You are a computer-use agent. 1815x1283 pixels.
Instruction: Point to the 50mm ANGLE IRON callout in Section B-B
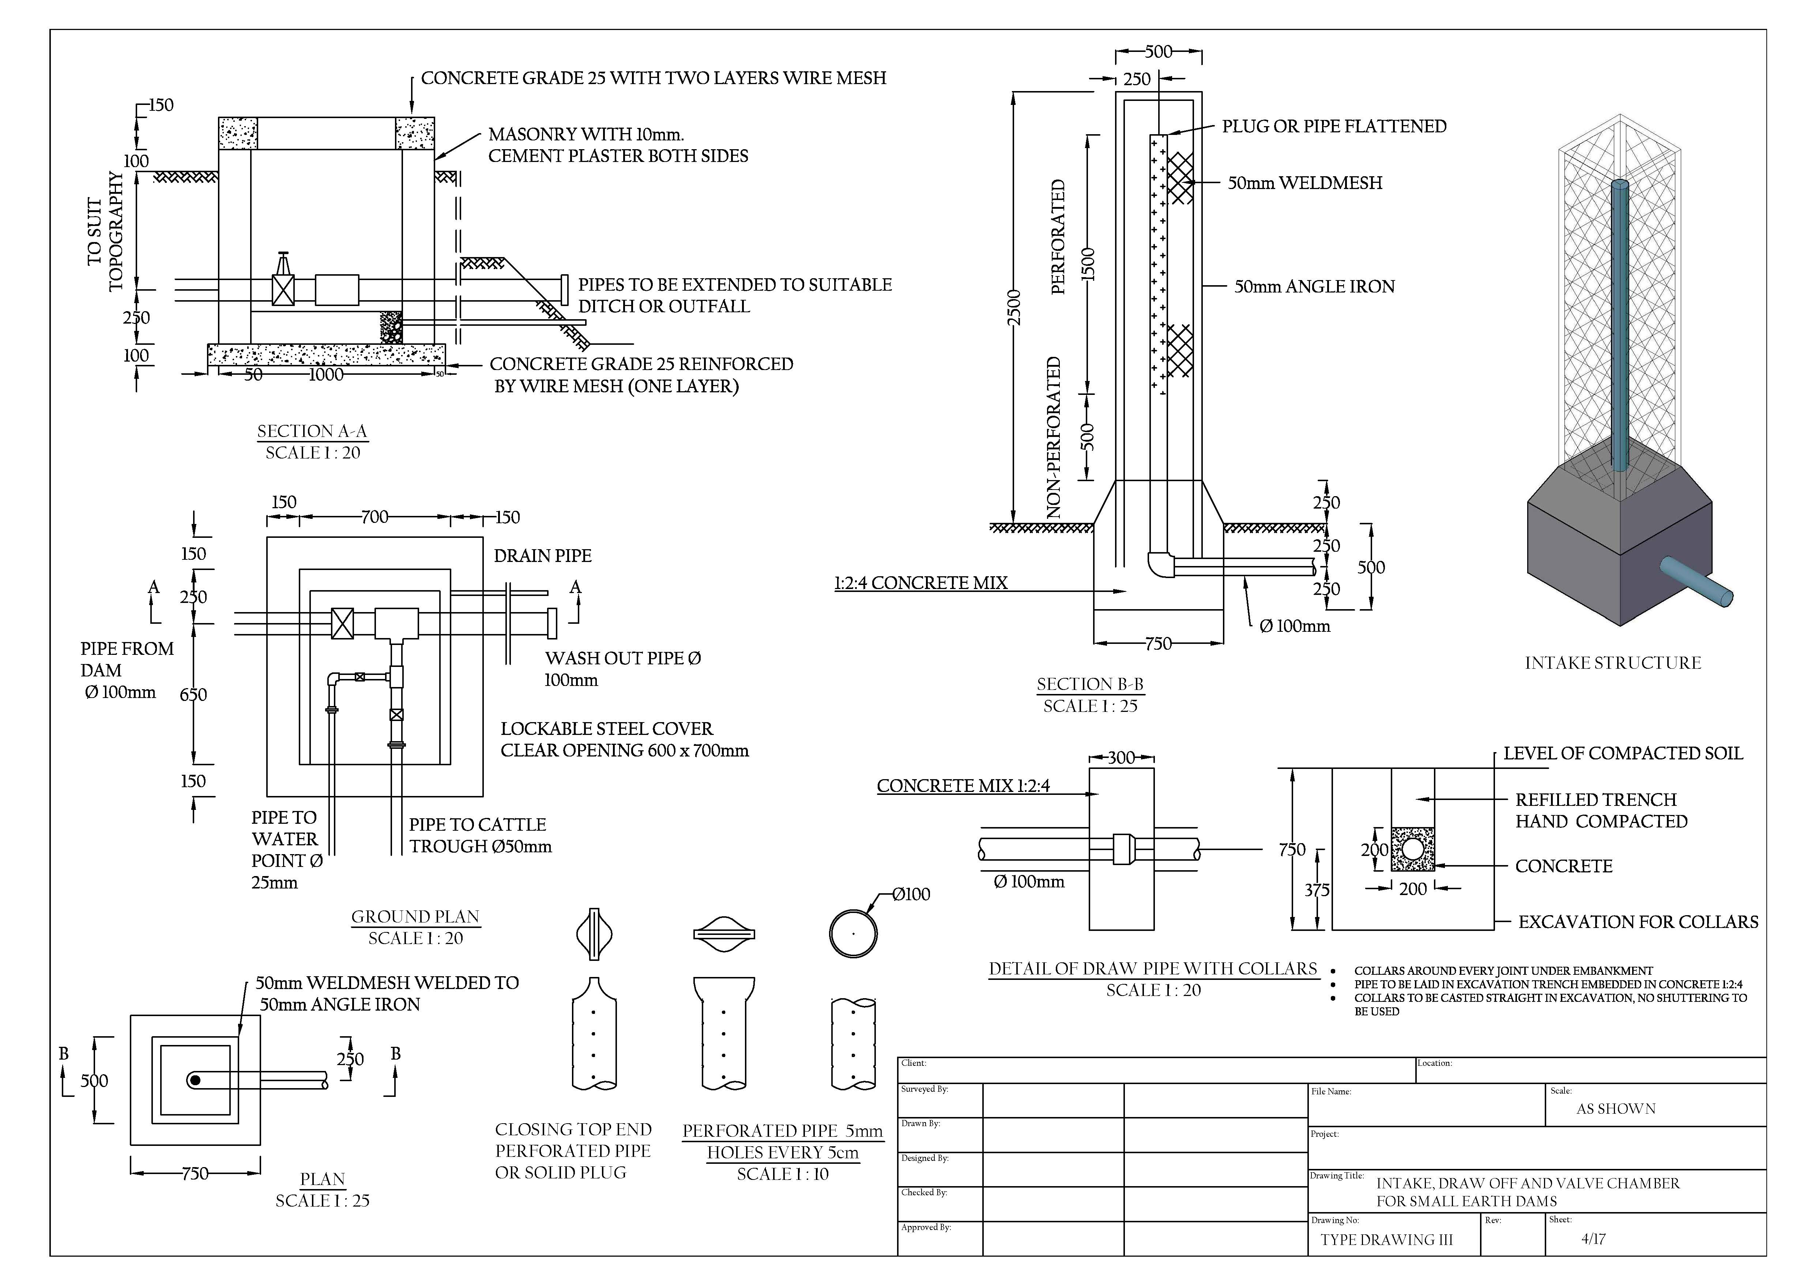[1314, 287]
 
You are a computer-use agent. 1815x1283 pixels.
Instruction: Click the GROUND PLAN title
[415, 917]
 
